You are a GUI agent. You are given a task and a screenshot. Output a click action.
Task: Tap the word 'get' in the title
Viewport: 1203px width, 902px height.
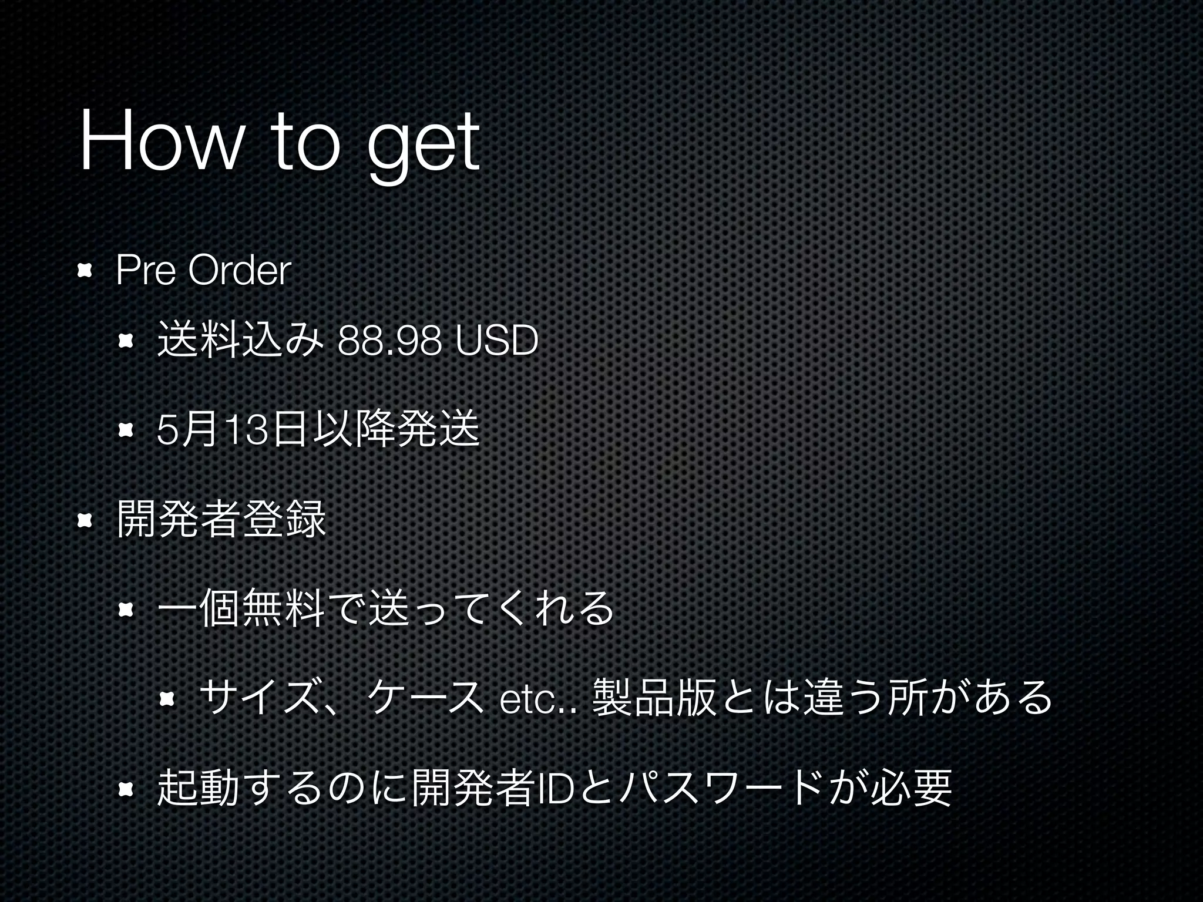click(x=423, y=147)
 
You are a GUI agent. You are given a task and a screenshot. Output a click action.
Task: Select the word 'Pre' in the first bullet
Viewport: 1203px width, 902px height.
click(x=146, y=271)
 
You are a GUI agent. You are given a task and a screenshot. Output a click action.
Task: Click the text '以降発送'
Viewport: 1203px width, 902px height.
click(x=396, y=430)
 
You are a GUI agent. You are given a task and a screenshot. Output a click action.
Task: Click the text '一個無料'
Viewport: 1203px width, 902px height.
click(x=240, y=608)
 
